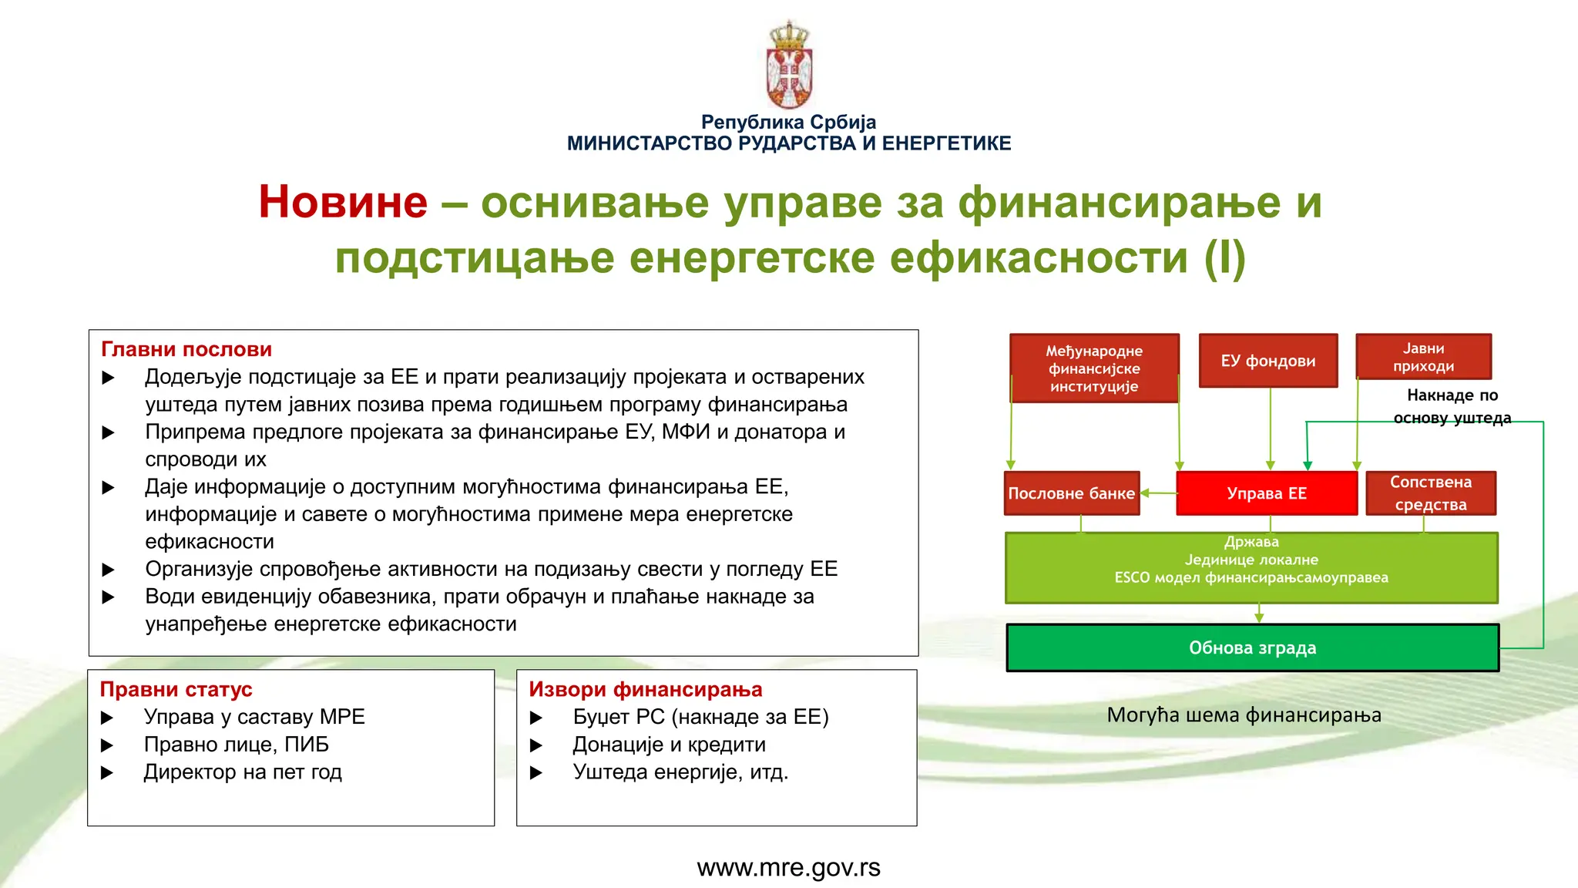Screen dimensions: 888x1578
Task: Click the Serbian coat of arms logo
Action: (x=789, y=66)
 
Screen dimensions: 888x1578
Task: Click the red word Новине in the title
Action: (x=343, y=202)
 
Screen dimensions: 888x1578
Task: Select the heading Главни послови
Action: (x=186, y=349)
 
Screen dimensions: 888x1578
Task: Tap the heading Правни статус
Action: (x=176, y=689)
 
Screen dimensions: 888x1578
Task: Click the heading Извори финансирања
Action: (x=645, y=689)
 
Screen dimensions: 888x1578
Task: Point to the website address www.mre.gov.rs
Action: (x=788, y=868)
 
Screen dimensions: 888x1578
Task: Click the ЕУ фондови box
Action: (x=1268, y=361)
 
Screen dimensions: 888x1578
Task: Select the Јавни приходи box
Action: (x=1423, y=357)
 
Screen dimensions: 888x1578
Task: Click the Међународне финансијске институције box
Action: (x=1094, y=368)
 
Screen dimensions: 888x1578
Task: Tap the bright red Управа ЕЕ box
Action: (x=1266, y=493)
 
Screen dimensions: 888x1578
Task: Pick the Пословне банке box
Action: (x=1071, y=493)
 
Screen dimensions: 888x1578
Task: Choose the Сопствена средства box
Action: (x=1431, y=493)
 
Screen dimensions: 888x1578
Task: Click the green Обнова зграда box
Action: (x=1252, y=647)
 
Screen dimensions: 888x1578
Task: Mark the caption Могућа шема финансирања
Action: (x=1244, y=715)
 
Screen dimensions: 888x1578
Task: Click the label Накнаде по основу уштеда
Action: (x=1452, y=406)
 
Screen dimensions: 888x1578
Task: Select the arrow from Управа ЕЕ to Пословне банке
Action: (x=1158, y=493)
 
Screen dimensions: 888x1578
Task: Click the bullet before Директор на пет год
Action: (x=107, y=772)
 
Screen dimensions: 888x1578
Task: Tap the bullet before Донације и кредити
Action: (x=536, y=745)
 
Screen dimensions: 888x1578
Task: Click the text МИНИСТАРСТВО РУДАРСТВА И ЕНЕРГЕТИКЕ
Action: (x=788, y=143)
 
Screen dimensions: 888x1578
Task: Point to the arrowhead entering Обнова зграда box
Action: (x=1259, y=618)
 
